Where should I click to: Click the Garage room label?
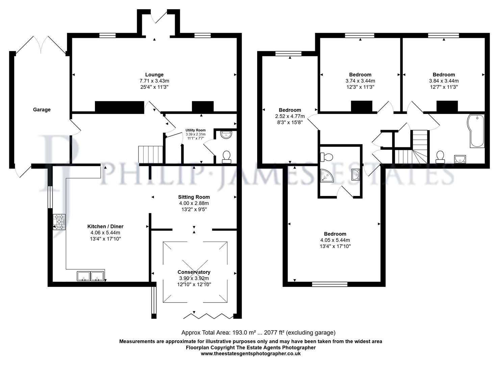point(42,109)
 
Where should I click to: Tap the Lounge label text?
point(154,75)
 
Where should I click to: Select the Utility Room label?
point(195,130)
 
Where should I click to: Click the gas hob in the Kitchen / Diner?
point(59,222)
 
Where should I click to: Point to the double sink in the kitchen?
point(91,276)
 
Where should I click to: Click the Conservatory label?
point(194,272)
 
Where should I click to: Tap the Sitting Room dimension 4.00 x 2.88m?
point(194,203)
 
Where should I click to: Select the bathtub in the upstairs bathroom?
point(477,130)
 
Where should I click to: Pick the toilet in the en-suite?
point(326,157)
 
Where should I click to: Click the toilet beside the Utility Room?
point(226,156)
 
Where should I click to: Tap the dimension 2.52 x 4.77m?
point(290,116)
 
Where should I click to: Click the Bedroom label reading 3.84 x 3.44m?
point(444,75)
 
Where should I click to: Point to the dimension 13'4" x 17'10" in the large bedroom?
point(335,246)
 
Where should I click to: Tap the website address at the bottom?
point(251,354)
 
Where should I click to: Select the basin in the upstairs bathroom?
point(460,159)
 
